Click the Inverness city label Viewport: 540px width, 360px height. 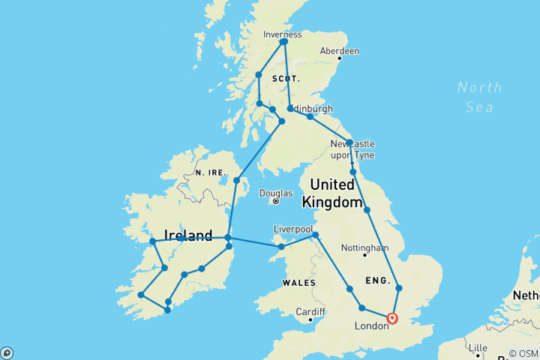coord(283,34)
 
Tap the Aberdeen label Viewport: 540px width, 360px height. coord(339,51)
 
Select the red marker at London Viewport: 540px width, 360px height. coord(391,319)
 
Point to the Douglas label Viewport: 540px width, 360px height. coord(275,193)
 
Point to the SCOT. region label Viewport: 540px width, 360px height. coord(286,78)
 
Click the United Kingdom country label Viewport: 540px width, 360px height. coord(328,193)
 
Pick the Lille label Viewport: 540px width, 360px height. coord(477,348)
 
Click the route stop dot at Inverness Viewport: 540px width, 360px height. coord(283,42)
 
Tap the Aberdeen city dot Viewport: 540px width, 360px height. coord(339,58)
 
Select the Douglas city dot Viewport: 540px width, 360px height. coord(275,201)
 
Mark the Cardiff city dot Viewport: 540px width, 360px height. coord(309,319)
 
